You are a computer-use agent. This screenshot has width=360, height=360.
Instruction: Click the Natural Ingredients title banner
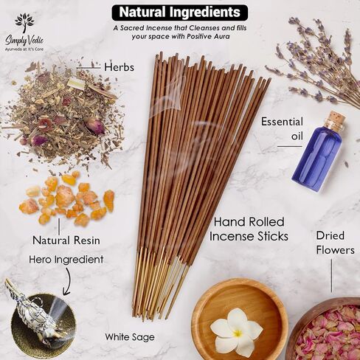click(180, 13)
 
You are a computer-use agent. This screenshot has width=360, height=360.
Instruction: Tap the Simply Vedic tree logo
click(24, 23)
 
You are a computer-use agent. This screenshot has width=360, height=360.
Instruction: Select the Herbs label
click(119, 67)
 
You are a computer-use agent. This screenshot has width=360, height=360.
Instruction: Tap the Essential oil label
click(283, 128)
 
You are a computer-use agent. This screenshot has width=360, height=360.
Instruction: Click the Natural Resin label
click(66, 240)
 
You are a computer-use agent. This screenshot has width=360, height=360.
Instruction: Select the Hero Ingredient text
click(66, 260)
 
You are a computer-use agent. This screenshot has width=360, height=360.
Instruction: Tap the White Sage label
click(130, 337)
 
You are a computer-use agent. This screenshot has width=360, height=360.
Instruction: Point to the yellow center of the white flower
click(238, 333)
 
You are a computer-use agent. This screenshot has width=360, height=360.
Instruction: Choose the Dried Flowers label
click(335, 243)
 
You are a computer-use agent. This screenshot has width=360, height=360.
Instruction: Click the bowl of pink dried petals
click(327, 329)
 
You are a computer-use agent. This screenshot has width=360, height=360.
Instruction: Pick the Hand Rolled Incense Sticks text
click(249, 229)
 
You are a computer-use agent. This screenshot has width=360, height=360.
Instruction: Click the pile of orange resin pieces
click(67, 198)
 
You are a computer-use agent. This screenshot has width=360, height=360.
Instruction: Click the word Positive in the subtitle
click(200, 37)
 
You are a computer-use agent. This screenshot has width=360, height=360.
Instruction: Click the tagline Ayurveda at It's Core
click(24, 49)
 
